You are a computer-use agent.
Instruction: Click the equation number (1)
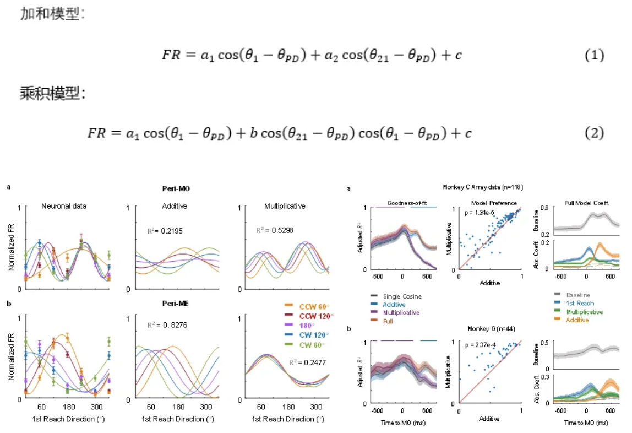[595, 56]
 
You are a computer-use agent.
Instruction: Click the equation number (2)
[595, 133]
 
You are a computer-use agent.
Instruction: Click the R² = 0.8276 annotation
[165, 325]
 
